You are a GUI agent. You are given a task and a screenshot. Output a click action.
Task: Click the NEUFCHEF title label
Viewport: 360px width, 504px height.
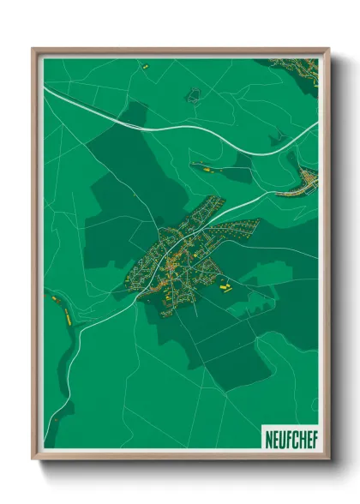pos(289,435)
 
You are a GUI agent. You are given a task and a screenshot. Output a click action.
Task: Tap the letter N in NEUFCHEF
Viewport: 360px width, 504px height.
pos(267,435)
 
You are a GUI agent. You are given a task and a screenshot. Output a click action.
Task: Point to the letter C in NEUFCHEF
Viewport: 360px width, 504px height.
pos(291,435)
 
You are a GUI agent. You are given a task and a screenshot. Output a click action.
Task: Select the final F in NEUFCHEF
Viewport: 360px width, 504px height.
pos(311,435)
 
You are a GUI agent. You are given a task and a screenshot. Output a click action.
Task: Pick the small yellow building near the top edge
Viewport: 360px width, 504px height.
pos(146,65)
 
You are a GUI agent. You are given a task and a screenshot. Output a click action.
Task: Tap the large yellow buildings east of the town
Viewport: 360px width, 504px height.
pos(225,288)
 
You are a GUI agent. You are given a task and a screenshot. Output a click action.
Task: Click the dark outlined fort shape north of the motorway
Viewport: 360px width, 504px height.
pos(194,94)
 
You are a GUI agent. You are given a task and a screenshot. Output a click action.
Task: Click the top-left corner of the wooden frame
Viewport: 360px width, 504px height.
pos(33,49)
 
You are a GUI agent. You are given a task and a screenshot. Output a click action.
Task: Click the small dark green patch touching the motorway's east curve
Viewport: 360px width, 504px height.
pos(279,137)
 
